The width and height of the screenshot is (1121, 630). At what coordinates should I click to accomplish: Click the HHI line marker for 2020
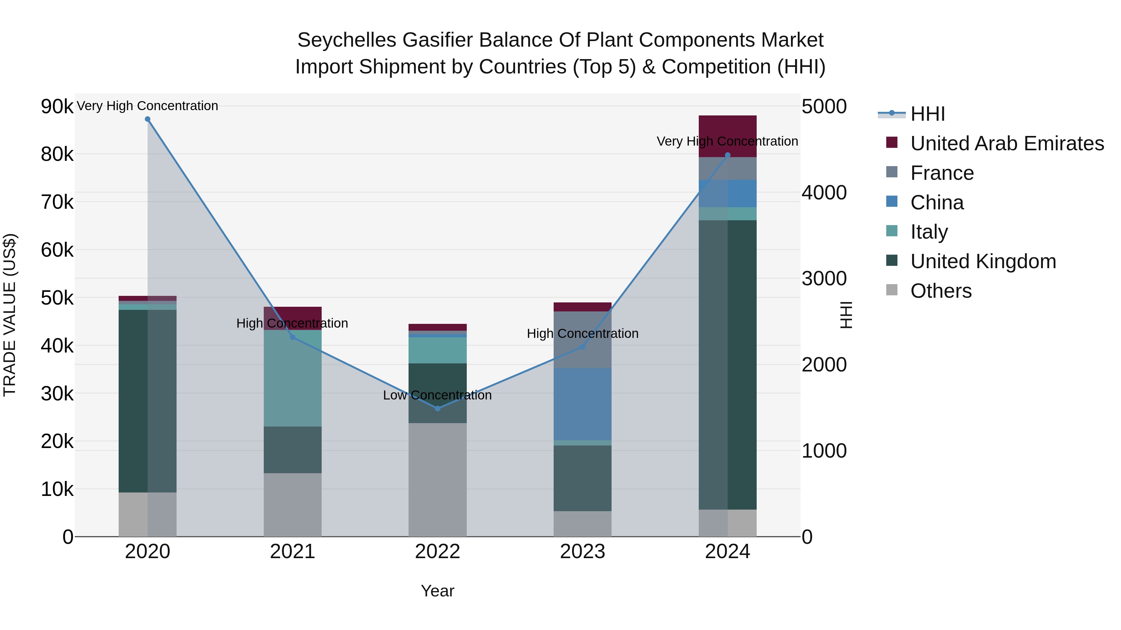point(148,119)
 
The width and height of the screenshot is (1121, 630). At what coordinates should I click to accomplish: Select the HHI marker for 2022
point(438,408)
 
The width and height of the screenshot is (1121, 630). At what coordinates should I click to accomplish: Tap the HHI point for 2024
point(728,155)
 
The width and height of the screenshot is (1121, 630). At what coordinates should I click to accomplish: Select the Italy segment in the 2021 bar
point(292,378)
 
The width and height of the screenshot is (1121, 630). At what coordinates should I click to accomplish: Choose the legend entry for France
point(942,173)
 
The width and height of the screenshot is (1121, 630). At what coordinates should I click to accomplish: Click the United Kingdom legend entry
point(983,261)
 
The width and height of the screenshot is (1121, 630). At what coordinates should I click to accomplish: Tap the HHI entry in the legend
point(927,114)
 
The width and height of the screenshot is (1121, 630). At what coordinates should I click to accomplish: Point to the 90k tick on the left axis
point(57,106)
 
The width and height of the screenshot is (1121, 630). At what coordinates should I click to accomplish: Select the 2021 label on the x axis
point(292,552)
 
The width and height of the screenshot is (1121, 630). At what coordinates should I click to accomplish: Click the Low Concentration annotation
point(438,395)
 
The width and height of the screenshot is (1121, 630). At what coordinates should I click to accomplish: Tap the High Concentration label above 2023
point(583,334)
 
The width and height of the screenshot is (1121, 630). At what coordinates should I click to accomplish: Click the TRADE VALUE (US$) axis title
point(10,315)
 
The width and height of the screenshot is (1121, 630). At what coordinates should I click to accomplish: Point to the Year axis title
point(438,591)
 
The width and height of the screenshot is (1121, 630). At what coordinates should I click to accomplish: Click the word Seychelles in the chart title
point(346,40)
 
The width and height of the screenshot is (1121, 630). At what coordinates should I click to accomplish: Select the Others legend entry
point(940,291)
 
